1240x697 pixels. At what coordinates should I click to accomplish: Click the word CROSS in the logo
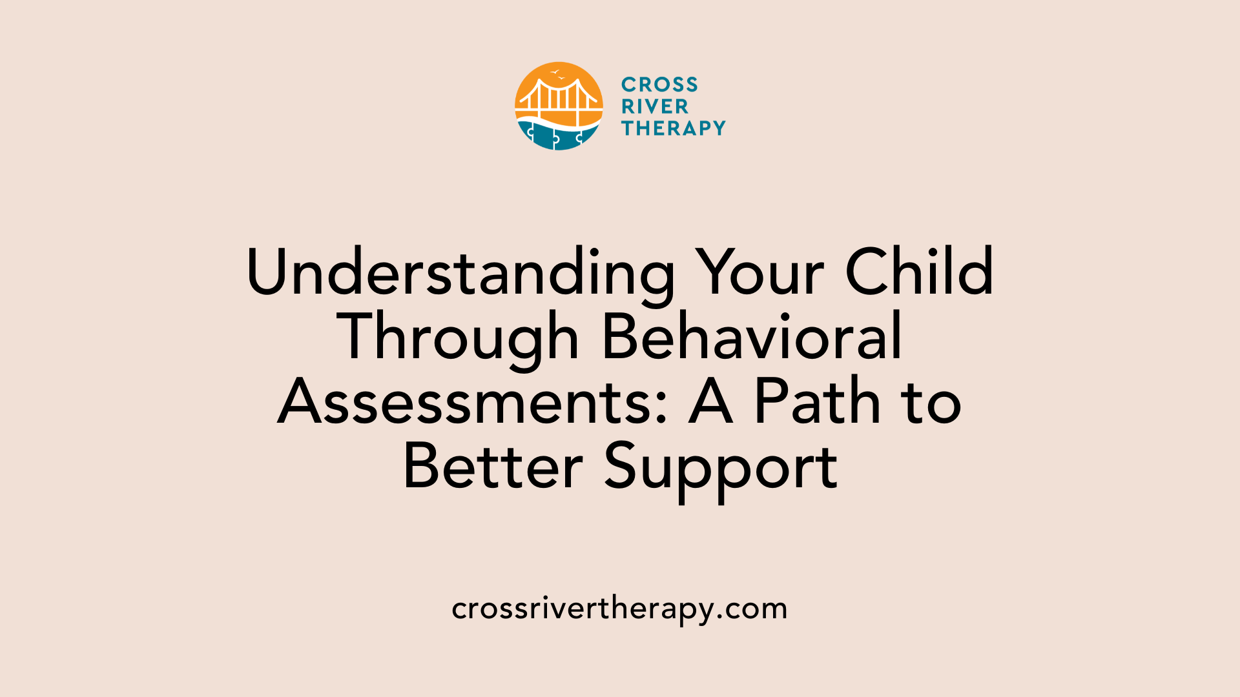659,85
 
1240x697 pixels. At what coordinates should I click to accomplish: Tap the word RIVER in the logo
655,106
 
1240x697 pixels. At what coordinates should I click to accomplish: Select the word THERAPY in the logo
674,128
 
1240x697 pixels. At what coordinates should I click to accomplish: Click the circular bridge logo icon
559,106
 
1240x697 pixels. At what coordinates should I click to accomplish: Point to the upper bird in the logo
554,72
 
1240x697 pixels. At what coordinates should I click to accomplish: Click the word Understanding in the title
460,272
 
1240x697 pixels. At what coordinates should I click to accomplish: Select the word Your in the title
760,272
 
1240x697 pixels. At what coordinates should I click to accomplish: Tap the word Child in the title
919,272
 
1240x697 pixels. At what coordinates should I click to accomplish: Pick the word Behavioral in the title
752,337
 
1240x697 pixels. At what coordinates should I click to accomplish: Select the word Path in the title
817,401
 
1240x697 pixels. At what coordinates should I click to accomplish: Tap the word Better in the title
493,467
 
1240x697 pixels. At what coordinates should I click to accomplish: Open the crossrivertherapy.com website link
619,609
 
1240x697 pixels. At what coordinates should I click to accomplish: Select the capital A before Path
710,401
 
